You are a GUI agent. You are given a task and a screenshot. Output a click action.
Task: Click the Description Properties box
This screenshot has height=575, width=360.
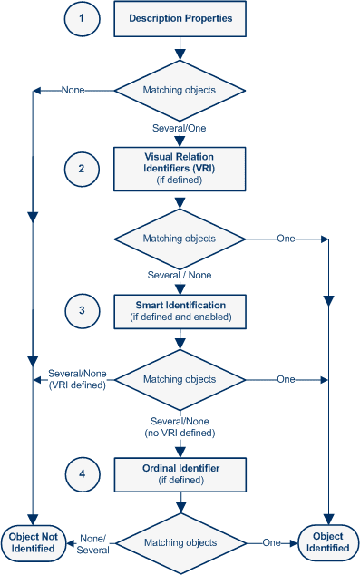(x=180, y=18)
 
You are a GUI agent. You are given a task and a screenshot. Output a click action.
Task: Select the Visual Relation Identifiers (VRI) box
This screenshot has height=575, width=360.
(x=180, y=168)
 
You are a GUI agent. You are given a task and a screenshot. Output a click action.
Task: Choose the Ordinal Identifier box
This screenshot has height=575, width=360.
(x=180, y=473)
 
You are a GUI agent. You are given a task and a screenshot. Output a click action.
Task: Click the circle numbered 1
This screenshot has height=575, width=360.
(x=83, y=18)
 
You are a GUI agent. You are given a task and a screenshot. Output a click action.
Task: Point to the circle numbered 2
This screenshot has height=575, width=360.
(x=83, y=168)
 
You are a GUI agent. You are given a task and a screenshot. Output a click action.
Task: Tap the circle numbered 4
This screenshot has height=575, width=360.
(x=83, y=473)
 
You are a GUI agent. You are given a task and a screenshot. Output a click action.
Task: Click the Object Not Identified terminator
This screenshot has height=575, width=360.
(x=34, y=542)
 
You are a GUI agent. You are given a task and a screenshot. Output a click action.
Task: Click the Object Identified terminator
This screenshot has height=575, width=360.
(x=327, y=542)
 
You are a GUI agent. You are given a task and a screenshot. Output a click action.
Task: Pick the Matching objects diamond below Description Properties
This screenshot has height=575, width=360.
(x=180, y=90)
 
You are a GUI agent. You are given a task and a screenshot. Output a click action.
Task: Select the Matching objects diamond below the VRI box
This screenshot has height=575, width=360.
(x=180, y=239)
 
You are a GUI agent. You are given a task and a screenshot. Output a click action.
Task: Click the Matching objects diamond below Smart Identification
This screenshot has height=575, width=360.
(x=180, y=378)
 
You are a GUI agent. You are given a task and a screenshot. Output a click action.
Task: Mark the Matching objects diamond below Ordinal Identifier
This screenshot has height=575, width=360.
(x=180, y=542)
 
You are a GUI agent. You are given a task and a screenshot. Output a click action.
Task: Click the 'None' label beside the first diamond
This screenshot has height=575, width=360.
(x=73, y=90)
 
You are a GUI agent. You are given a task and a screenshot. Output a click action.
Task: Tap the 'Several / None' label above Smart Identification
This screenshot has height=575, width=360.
(x=180, y=274)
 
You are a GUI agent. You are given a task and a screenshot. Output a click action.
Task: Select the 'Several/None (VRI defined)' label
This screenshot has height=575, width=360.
(x=78, y=378)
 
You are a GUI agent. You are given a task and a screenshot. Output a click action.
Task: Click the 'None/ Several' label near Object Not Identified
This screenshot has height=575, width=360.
(x=94, y=544)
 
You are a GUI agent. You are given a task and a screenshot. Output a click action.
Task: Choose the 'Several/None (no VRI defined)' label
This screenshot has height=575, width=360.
(x=180, y=426)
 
